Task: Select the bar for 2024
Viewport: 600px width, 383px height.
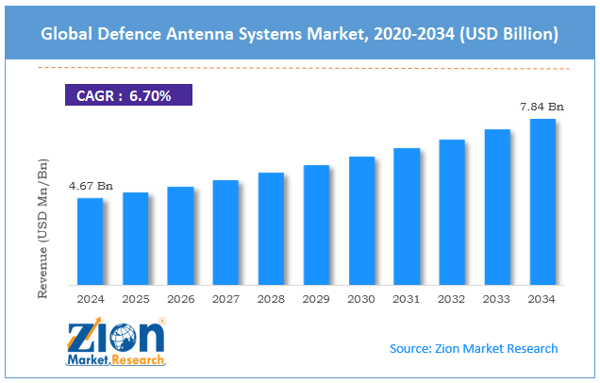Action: [x=90, y=245]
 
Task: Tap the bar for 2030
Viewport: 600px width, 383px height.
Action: [x=361, y=225]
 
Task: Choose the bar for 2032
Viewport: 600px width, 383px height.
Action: [x=452, y=216]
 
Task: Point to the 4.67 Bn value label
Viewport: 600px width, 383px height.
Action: [x=90, y=186]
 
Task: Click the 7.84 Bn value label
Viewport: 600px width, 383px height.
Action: [x=542, y=107]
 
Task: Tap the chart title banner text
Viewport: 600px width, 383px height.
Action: [x=300, y=34]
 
